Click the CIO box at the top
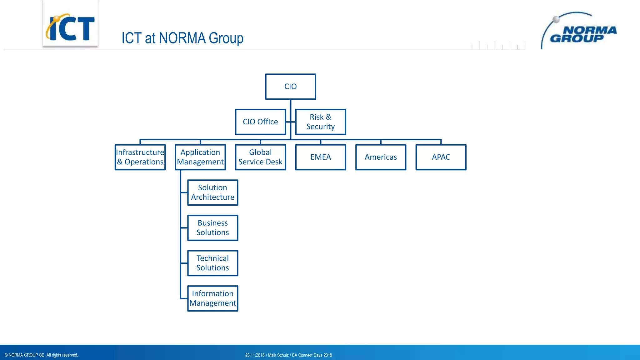coord(290,87)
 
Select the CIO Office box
coord(260,122)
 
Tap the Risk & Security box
coord(320,122)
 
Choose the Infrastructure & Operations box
coord(140,157)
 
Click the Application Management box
coord(200,157)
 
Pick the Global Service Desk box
coord(260,157)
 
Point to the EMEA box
coord(320,157)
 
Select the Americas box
coord(381,157)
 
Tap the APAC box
coord(441,157)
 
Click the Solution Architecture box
coord(212,192)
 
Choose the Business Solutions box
coord(212,228)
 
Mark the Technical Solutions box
coord(212,263)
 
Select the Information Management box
coord(212,298)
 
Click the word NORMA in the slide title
coord(182,38)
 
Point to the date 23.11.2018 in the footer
coord(255,355)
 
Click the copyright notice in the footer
coord(41,355)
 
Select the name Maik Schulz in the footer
coord(278,355)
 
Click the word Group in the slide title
coord(226,38)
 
